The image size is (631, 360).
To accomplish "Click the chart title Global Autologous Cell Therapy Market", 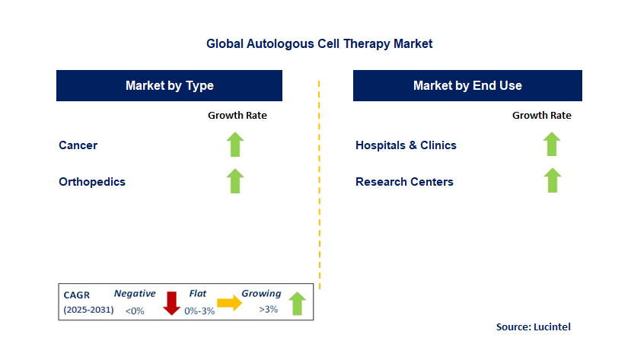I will click(319, 44).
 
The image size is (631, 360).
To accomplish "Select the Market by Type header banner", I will click(169, 86).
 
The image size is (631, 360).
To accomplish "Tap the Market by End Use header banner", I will click(467, 86).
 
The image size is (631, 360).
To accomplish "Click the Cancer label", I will click(78, 145).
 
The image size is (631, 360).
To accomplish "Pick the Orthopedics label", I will click(92, 182).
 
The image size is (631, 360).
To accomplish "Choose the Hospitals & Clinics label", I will click(406, 145).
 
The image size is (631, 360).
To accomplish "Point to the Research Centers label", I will click(404, 182).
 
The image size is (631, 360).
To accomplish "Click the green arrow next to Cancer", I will click(235, 145).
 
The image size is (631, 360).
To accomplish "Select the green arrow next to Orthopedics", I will click(235, 181).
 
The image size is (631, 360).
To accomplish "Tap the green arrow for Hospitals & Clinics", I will click(552, 145).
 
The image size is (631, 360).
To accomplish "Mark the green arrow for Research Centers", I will click(552, 181).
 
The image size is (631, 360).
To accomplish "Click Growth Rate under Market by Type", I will click(237, 116).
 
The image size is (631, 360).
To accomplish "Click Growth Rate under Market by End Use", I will click(541, 116).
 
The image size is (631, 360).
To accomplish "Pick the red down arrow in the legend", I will click(171, 302).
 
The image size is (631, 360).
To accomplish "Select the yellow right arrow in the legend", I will click(229, 303).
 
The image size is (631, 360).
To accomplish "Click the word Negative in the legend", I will click(135, 294).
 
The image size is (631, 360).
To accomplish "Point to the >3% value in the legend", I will click(269, 310).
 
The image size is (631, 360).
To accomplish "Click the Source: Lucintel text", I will click(533, 327).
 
